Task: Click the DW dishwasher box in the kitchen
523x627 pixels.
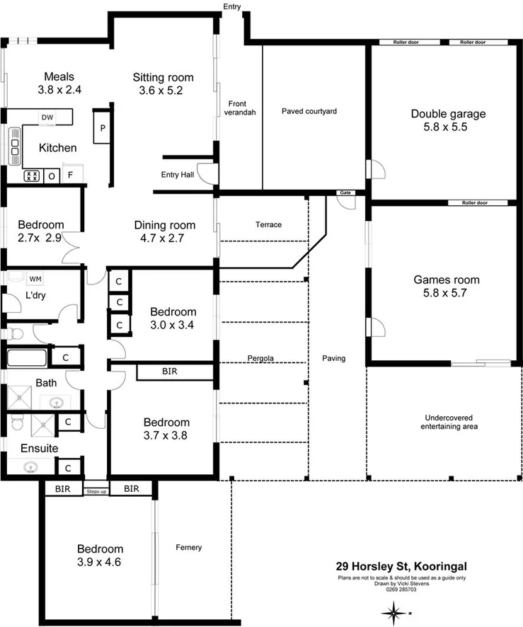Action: point(47,117)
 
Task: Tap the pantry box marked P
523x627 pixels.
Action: point(103,129)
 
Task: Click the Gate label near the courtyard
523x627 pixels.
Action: point(345,192)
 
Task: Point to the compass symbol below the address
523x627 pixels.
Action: point(391,609)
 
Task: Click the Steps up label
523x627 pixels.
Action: point(96,490)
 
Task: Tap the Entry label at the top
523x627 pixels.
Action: point(231,6)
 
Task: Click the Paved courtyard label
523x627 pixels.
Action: point(309,111)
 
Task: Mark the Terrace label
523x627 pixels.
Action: point(268,224)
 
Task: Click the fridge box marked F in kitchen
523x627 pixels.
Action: point(70,175)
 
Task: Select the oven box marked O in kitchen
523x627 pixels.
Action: point(52,175)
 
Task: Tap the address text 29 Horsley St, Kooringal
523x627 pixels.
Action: point(401,566)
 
